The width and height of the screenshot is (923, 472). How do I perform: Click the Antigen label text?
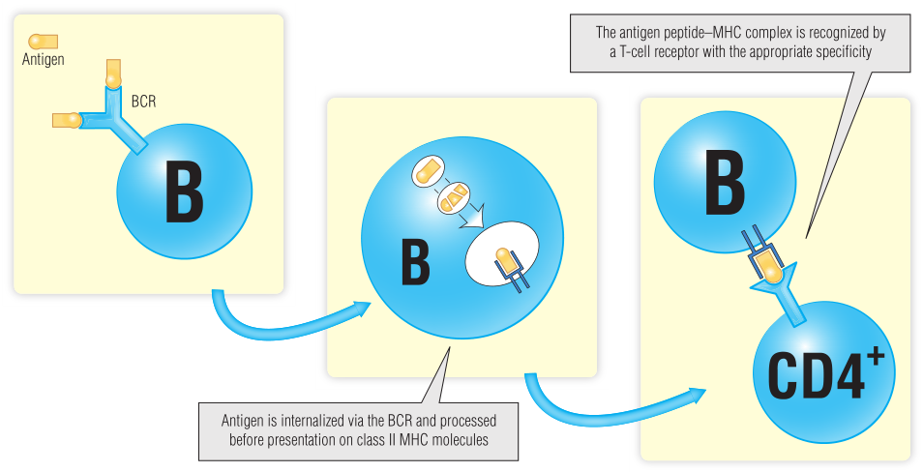43,60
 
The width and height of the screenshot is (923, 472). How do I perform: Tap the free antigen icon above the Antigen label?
43,42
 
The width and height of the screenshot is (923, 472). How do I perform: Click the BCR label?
143,100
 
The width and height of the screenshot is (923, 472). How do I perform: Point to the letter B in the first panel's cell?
184,193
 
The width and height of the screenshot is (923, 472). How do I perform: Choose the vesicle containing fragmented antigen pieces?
455,199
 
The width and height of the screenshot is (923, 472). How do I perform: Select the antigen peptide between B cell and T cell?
768,263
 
